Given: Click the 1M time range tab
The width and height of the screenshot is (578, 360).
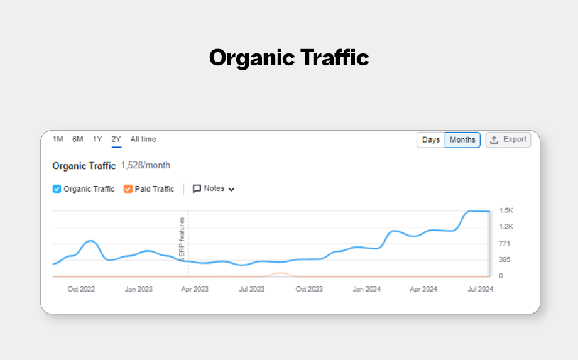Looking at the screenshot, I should point(58,139).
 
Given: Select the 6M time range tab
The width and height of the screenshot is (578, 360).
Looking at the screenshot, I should point(77,139).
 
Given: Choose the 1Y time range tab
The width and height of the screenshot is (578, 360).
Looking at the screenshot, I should point(97,139).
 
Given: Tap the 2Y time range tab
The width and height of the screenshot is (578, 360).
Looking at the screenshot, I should point(116,139).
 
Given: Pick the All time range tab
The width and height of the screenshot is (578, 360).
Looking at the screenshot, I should point(143,139).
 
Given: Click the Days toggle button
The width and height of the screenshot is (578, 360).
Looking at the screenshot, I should point(431,139).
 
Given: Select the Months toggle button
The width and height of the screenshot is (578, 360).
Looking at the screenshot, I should point(462,139).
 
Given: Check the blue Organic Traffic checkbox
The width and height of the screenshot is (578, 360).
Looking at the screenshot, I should point(57,188).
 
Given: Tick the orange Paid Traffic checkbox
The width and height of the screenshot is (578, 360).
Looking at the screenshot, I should point(128,188).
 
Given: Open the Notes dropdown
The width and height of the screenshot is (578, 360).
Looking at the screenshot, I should point(214,188).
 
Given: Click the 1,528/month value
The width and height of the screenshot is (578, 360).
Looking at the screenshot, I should point(145,165).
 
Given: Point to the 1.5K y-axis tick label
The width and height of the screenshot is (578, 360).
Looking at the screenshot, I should point(506,210).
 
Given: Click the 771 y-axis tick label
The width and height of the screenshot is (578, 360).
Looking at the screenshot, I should point(505,243).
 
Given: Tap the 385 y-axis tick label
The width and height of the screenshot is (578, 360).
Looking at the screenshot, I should point(505,259).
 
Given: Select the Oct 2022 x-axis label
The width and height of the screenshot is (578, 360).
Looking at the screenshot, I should point(81,289).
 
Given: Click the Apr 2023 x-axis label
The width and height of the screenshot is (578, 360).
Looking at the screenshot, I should point(195,289).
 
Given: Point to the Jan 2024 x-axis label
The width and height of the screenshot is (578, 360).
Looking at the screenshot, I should point(367,289).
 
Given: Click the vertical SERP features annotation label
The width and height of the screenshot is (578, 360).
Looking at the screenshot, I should point(182,239).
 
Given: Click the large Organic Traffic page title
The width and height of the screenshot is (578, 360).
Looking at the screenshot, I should point(289,58).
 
